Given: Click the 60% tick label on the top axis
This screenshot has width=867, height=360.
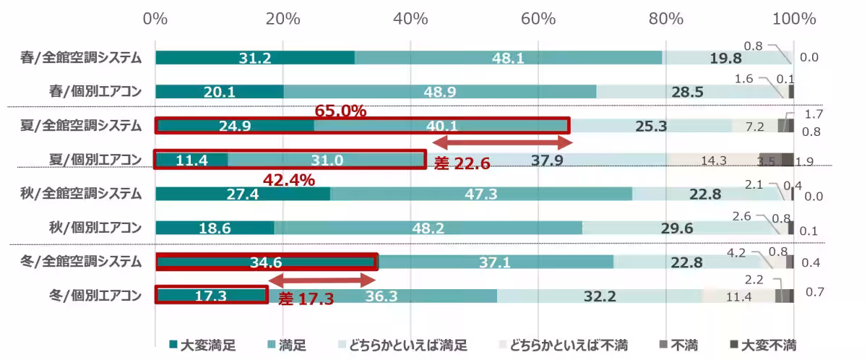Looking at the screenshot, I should coord(538,18).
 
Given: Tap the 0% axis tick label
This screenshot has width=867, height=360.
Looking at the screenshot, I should coord(155,18).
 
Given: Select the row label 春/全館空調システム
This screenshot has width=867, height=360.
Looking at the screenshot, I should coord(80,59).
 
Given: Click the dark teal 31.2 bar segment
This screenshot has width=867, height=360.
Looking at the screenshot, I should coord(254,59).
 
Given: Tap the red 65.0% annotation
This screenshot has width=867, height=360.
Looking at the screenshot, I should coord(341,111).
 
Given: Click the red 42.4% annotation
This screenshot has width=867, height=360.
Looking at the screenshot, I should coord(288,180).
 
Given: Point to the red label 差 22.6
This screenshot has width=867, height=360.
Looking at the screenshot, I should coord(462,163).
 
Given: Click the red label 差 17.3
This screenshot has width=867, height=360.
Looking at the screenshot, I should coord(306,297).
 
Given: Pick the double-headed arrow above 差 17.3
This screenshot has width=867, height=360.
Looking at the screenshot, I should coord(322,279).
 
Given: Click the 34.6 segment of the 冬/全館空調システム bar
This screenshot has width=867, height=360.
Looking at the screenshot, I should coord(266,262).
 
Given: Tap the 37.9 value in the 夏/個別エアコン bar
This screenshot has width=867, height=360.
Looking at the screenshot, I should coord(547,160).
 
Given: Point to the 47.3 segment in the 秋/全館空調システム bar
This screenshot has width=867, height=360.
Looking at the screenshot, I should coord(481,194).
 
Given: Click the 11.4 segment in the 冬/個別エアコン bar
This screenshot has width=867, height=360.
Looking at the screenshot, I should coord(738,296).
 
